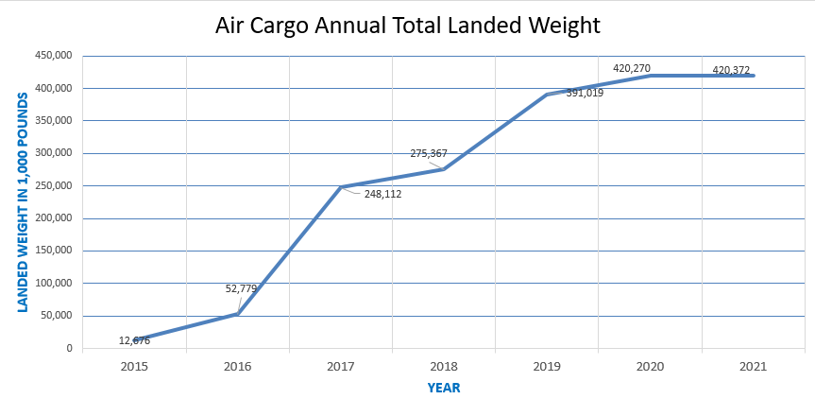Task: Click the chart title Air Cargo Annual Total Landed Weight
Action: (x=407, y=26)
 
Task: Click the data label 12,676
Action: (x=134, y=340)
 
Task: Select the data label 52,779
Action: (x=242, y=288)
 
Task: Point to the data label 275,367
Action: (x=429, y=153)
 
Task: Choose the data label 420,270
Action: (x=632, y=68)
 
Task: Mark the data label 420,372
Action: (x=730, y=69)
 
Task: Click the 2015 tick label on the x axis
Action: (x=135, y=367)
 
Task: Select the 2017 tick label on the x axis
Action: (x=341, y=367)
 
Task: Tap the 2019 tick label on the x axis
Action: (x=547, y=367)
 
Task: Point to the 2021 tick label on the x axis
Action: (x=753, y=367)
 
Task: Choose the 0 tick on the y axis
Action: (x=69, y=349)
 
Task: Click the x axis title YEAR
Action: (x=444, y=388)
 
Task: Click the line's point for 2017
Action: (x=341, y=187)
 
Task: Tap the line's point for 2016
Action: (x=238, y=314)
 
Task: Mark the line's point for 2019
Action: (x=547, y=95)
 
